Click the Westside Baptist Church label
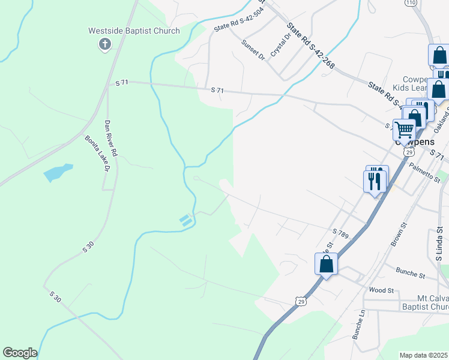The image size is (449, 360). pyautogui.click(x=134, y=31)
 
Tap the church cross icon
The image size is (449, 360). pyautogui.click(x=105, y=44)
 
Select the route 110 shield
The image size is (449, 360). pyautogui.click(x=411, y=3)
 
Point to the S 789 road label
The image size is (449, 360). pyautogui.click(x=340, y=232)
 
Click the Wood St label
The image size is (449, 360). pyautogui.click(x=381, y=290)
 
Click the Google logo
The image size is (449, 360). pyautogui.click(x=20, y=353)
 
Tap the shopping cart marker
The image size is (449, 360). pyautogui.click(x=405, y=129)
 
